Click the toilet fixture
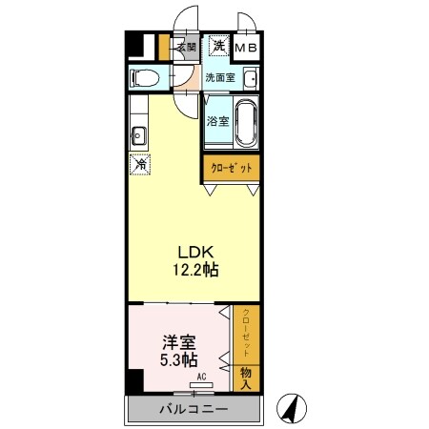(x=146, y=77)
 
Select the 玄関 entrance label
(x=186, y=46)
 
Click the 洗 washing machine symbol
(x=218, y=46)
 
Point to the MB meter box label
(x=247, y=47)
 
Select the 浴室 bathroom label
(x=217, y=121)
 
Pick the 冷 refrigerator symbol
(x=139, y=163)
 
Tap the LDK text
(x=195, y=252)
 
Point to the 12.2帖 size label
(x=195, y=270)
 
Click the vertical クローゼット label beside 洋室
(x=247, y=334)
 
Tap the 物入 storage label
(x=246, y=378)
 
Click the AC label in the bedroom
(x=201, y=377)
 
